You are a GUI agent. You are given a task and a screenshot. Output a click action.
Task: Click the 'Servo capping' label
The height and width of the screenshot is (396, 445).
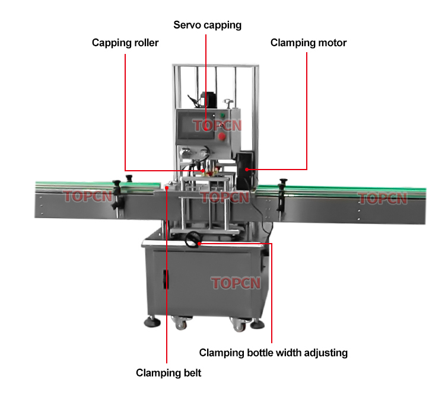pos(207,25)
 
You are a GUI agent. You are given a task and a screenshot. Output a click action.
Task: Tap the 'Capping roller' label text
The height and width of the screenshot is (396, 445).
pos(125,43)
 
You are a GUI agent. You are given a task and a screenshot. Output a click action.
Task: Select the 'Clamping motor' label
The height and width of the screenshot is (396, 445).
pos(308,43)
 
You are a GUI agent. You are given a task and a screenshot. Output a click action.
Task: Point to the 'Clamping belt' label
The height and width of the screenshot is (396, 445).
pos(169,373)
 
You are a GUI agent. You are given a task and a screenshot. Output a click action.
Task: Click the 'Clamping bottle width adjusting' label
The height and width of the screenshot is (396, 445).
pos(273,353)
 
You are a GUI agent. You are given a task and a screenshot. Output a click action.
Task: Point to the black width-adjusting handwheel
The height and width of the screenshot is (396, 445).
pos(192,240)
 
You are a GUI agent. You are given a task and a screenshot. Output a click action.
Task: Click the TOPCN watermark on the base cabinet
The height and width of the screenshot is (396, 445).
pos(236,283)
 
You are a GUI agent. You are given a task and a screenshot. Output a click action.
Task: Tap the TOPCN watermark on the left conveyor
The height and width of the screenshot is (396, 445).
pos(88,196)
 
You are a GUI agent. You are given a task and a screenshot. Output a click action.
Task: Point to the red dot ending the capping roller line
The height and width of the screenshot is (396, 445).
pos(204,171)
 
